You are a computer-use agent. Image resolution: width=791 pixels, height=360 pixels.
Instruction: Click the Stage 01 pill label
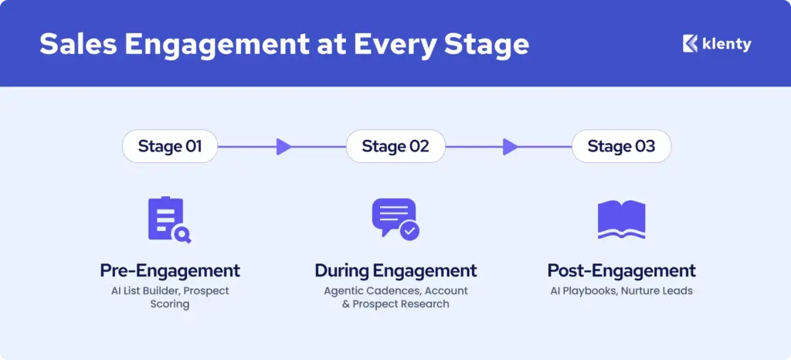(x=169, y=147)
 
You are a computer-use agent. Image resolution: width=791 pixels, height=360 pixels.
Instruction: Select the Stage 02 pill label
(x=395, y=147)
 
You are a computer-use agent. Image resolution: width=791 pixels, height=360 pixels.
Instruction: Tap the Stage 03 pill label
(x=620, y=147)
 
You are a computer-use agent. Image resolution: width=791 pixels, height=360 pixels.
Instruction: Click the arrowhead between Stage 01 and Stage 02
(x=284, y=147)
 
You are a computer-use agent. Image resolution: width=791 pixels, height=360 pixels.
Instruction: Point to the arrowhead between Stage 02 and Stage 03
(x=510, y=147)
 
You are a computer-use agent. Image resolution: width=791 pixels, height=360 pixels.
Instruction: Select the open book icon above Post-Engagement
(x=621, y=219)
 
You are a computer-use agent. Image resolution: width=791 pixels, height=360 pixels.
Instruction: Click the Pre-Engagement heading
(x=170, y=270)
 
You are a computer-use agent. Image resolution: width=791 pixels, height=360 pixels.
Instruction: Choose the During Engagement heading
(x=395, y=270)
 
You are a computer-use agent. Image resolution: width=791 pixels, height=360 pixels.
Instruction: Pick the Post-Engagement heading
(x=621, y=270)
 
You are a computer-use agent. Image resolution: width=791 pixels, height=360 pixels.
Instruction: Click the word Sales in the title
(x=77, y=44)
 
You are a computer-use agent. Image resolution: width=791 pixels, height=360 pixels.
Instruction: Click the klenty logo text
(x=727, y=44)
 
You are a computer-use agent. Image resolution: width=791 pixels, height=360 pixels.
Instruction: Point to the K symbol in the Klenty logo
(x=690, y=44)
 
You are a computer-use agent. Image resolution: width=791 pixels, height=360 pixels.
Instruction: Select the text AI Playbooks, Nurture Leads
(x=621, y=291)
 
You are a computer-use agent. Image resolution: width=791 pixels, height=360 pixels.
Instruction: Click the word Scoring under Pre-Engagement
(x=170, y=304)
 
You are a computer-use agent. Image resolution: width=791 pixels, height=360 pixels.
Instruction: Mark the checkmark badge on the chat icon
(x=410, y=230)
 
